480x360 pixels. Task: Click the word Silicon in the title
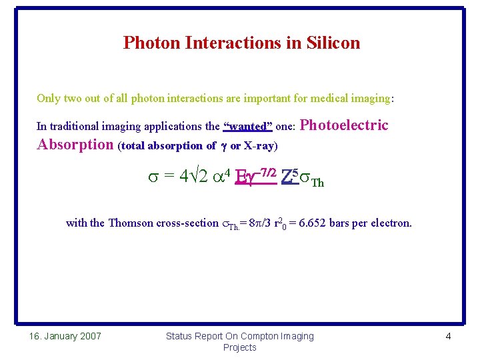333,43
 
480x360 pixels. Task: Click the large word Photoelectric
345,125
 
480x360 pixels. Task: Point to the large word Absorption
75,145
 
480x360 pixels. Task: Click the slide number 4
448,336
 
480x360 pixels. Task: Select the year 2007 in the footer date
89,336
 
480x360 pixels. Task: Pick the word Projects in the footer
240,347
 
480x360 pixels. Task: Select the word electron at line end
391,223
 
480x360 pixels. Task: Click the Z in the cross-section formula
286,177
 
